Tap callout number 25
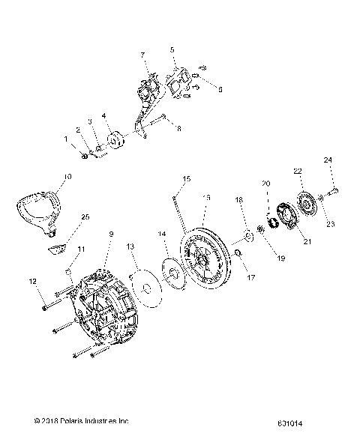[x=85, y=217]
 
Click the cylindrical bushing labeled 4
[x=116, y=142]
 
